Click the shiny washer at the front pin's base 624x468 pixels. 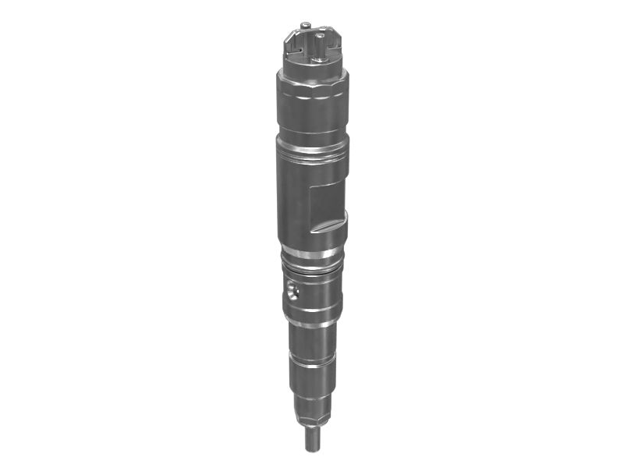tap(319, 58)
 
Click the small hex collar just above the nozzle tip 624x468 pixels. tap(312, 422)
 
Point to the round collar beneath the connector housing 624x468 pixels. tap(310, 73)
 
